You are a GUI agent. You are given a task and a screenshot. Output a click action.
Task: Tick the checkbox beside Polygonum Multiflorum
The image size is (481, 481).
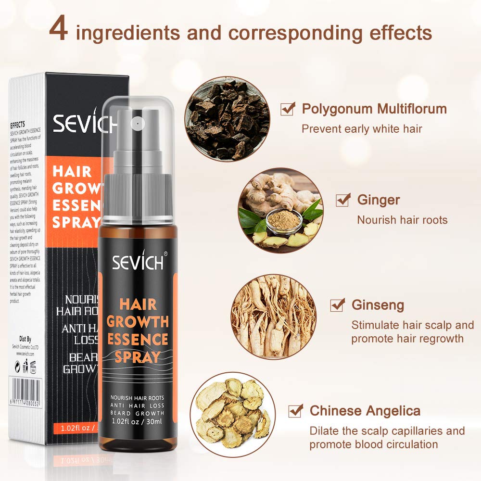click(x=288, y=109)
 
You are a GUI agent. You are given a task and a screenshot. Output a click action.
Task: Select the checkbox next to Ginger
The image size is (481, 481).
click(x=342, y=200)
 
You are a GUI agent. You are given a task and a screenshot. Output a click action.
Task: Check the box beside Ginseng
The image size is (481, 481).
click(x=337, y=304)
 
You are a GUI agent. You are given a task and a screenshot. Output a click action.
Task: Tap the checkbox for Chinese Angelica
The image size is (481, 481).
click(x=295, y=411)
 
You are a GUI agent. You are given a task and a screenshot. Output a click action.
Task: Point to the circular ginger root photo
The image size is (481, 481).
click(x=280, y=210)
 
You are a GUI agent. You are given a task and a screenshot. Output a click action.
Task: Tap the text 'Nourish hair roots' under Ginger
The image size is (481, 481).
click(x=402, y=220)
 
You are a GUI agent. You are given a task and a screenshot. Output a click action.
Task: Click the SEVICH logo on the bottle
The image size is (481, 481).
click(x=139, y=262)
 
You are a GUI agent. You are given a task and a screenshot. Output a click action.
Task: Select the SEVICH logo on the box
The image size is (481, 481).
click(x=84, y=123)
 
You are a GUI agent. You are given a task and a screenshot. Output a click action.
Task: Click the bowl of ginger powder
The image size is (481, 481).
click(x=284, y=220)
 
